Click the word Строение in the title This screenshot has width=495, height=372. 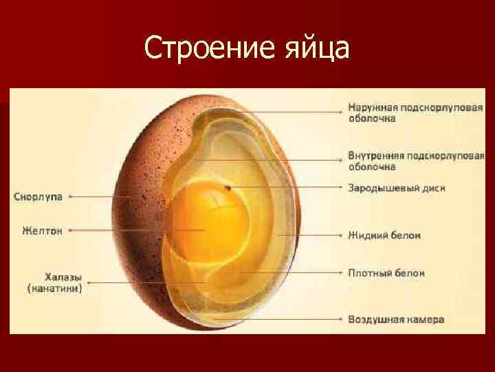click(x=201, y=48)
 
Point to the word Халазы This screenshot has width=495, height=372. click(x=54, y=278)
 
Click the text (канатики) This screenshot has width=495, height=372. click(x=55, y=289)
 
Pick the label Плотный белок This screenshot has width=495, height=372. click(x=386, y=273)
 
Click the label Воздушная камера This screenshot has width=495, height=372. click(x=396, y=320)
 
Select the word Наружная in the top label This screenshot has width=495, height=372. click(x=371, y=107)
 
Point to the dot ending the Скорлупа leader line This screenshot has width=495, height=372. click(x=70, y=196)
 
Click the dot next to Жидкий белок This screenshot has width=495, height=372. click(x=341, y=236)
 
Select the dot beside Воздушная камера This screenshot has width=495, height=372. click(x=341, y=320)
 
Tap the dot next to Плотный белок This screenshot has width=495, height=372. click(x=341, y=273)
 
